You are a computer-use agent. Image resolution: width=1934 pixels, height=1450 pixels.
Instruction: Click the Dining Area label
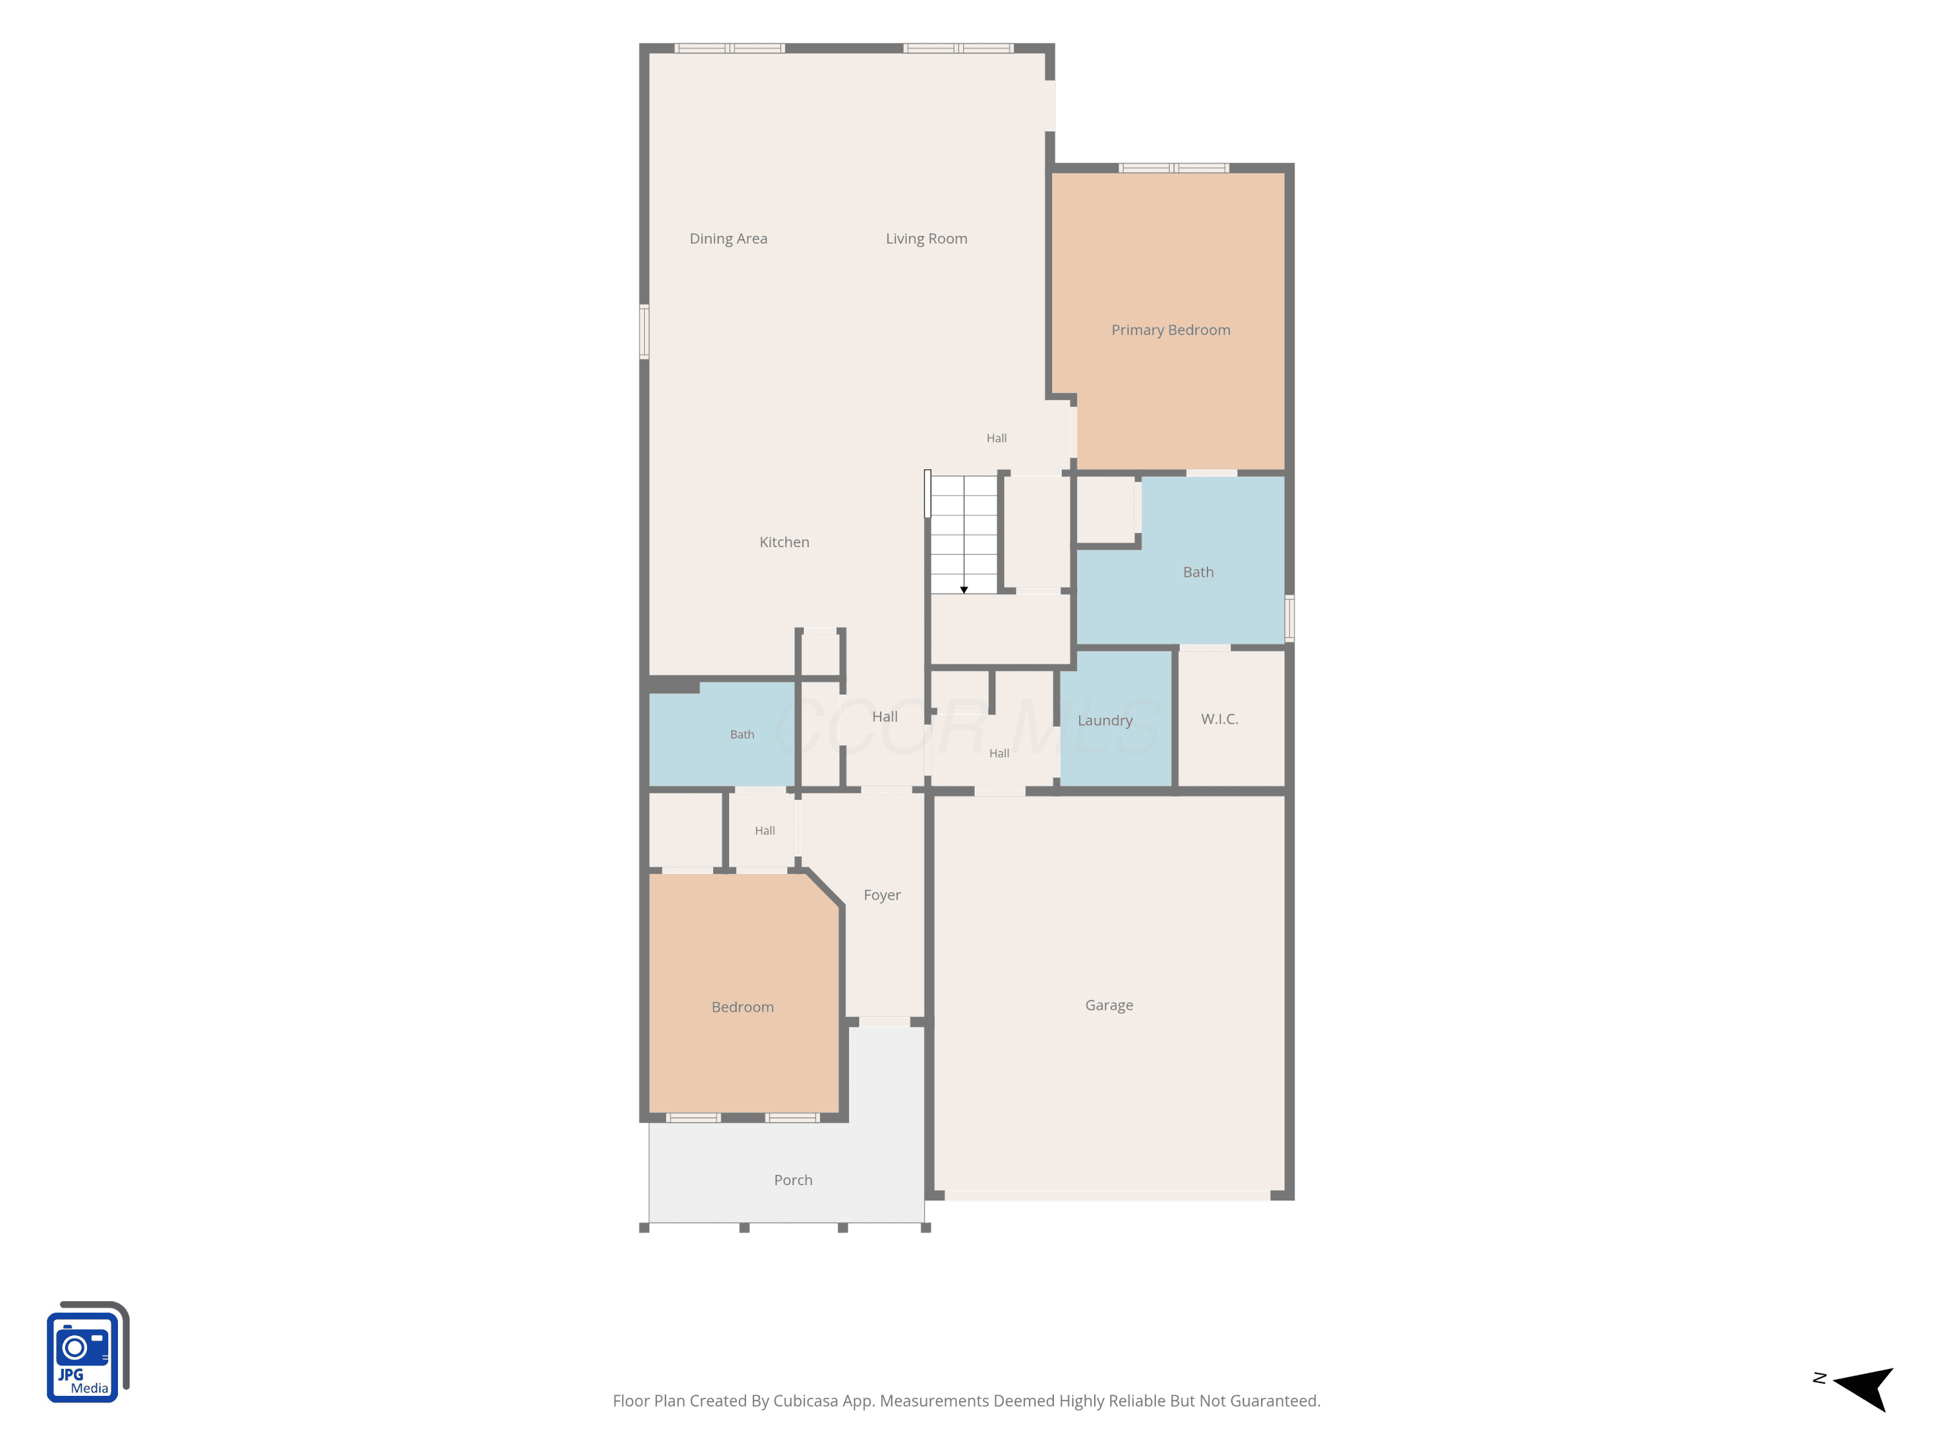(728, 238)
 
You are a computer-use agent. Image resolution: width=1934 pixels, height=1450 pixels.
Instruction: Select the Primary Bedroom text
(1171, 331)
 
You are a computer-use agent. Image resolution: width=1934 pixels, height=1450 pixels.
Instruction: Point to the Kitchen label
(785, 542)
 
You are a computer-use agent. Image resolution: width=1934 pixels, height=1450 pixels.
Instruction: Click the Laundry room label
(1105, 721)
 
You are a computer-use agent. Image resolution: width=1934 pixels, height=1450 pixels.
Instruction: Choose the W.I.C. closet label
(1220, 719)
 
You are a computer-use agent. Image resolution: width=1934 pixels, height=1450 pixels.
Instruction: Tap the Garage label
(1109, 1006)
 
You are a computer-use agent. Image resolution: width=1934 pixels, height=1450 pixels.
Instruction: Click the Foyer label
(882, 896)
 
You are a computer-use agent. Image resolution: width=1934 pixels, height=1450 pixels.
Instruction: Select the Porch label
(793, 1180)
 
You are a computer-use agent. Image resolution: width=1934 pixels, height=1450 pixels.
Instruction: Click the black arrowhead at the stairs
(964, 590)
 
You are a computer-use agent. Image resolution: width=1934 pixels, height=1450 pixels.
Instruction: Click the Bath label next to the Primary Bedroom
(1198, 572)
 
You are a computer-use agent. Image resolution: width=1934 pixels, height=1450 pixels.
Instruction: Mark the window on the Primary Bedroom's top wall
(1173, 168)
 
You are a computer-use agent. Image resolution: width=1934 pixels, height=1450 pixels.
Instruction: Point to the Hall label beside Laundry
(999, 753)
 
